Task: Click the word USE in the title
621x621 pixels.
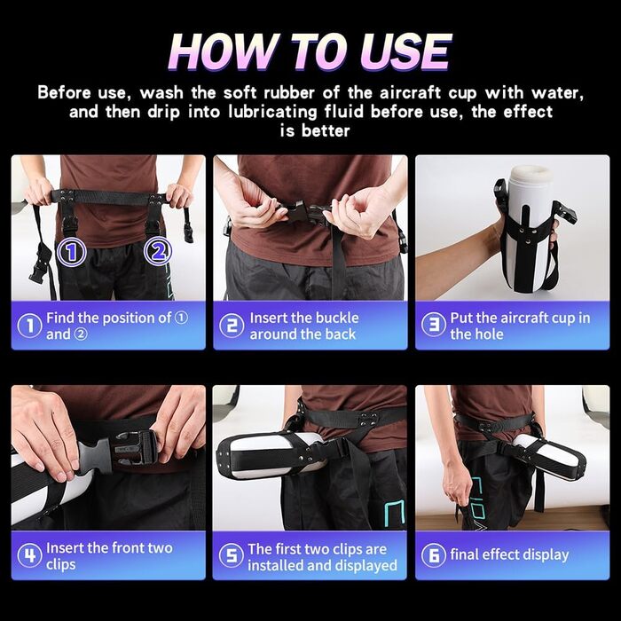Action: (x=405, y=51)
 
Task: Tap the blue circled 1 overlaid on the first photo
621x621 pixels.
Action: (x=71, y=251)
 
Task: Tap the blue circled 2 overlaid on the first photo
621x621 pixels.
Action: (x=158, y=251)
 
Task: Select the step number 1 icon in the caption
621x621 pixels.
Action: (x=29, y=326)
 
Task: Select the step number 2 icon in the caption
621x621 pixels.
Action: (x=232, y=326)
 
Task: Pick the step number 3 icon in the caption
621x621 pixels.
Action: (x=433, y=326)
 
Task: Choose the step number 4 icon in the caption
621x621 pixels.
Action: (x=29, y=555)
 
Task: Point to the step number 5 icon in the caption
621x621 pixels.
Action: (x=232, y=555)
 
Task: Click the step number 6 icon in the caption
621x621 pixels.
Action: (x=433, y=554)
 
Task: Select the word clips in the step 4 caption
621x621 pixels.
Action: (x=60, y=565)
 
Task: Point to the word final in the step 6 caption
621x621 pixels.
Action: (x=464, y=554)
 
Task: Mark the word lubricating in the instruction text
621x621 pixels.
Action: (x=273, y=112)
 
